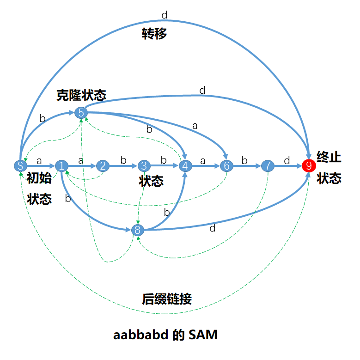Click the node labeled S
point(20,166)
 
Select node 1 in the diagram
point(61,166)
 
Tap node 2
point(103,166)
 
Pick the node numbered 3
point(144,166)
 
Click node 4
point(185,166)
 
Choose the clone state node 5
point(81,112)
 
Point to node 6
point(226,166)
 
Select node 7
point(268,166)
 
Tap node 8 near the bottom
point(138,230)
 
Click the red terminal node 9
point(309,166)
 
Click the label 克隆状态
point(81,95)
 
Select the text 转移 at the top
point(154,34)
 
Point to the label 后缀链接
point(166,299)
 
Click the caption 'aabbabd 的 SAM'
point(165,335)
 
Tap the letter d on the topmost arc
point(164,15)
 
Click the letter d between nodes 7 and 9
point(287,160)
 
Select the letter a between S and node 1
point(39,160)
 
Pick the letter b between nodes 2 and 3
point(123,160)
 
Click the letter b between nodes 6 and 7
point(244,160)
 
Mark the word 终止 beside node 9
point(329,157)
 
